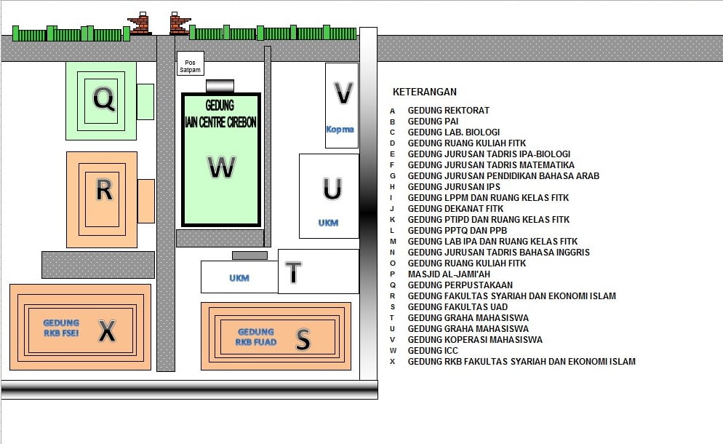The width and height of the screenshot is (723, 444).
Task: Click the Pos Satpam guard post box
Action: (191, 64)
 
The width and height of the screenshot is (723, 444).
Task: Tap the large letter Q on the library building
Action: (104, 99)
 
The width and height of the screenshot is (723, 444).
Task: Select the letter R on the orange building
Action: (104, 190)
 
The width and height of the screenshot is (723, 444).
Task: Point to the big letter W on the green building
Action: (221, 167)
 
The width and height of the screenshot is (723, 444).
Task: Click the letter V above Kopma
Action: (343, 93)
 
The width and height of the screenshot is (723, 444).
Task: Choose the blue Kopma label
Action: (340, 130)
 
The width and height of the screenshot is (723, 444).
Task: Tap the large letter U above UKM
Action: (332, 189)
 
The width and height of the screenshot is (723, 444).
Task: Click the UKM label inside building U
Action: (328, 223)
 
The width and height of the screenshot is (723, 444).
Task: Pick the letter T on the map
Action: (293, 271)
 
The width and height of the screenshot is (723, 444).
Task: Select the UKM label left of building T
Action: (239, 278)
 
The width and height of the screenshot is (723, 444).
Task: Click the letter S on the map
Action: (303, 340)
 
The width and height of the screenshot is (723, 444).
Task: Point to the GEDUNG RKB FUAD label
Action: (256, 337)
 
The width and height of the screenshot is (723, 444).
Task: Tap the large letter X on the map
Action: (107, 331)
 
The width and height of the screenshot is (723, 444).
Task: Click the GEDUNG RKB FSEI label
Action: (61, 328)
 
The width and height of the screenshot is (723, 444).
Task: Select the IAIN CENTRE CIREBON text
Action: (220, 122)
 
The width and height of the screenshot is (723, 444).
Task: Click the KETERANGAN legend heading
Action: (425, 92)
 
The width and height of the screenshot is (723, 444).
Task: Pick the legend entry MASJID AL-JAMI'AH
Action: (449, 274)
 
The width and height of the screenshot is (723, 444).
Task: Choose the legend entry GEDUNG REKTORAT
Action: (449, 111)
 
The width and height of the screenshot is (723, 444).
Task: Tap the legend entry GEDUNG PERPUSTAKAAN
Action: (460, 285)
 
